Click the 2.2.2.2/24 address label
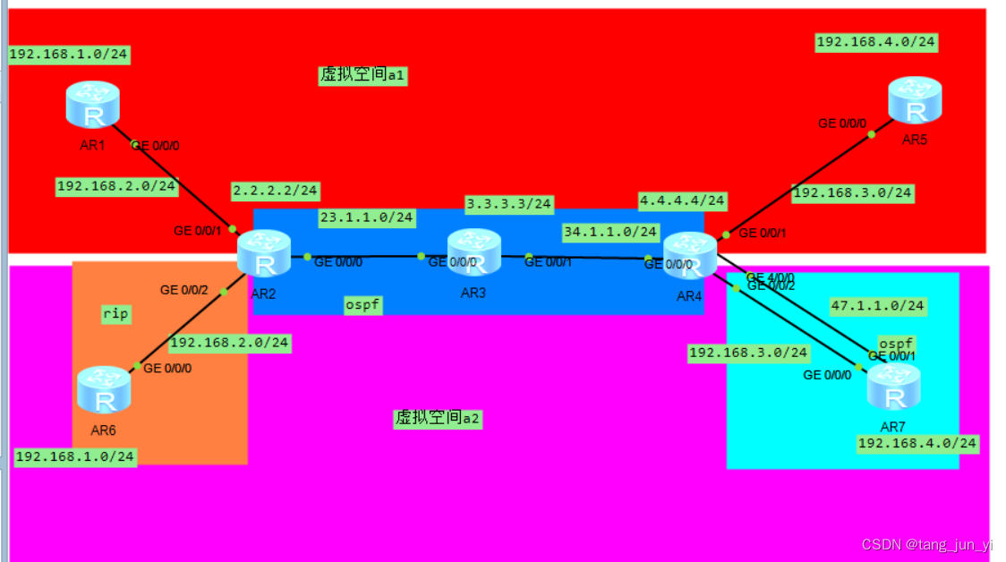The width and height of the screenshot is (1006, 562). click(276, 191)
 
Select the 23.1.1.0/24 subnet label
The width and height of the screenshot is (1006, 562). click(367, 217)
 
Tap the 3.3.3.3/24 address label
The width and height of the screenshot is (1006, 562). click(509, 204)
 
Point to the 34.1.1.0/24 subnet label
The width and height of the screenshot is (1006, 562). click(610, 232)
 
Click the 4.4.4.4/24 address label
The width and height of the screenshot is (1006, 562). click(682, 200)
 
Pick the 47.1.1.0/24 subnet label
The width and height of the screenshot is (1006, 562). click(877, 305)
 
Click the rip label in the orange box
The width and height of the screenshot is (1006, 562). click(115, 314)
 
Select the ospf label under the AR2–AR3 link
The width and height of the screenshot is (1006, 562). click(363, 305)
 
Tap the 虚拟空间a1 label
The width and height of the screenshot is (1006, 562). click(363, 75)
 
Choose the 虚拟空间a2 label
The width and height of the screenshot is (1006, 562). click(438, 418)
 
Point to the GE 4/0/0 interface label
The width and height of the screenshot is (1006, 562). click(771, 277)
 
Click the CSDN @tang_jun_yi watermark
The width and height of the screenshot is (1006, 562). click(926, 544)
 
